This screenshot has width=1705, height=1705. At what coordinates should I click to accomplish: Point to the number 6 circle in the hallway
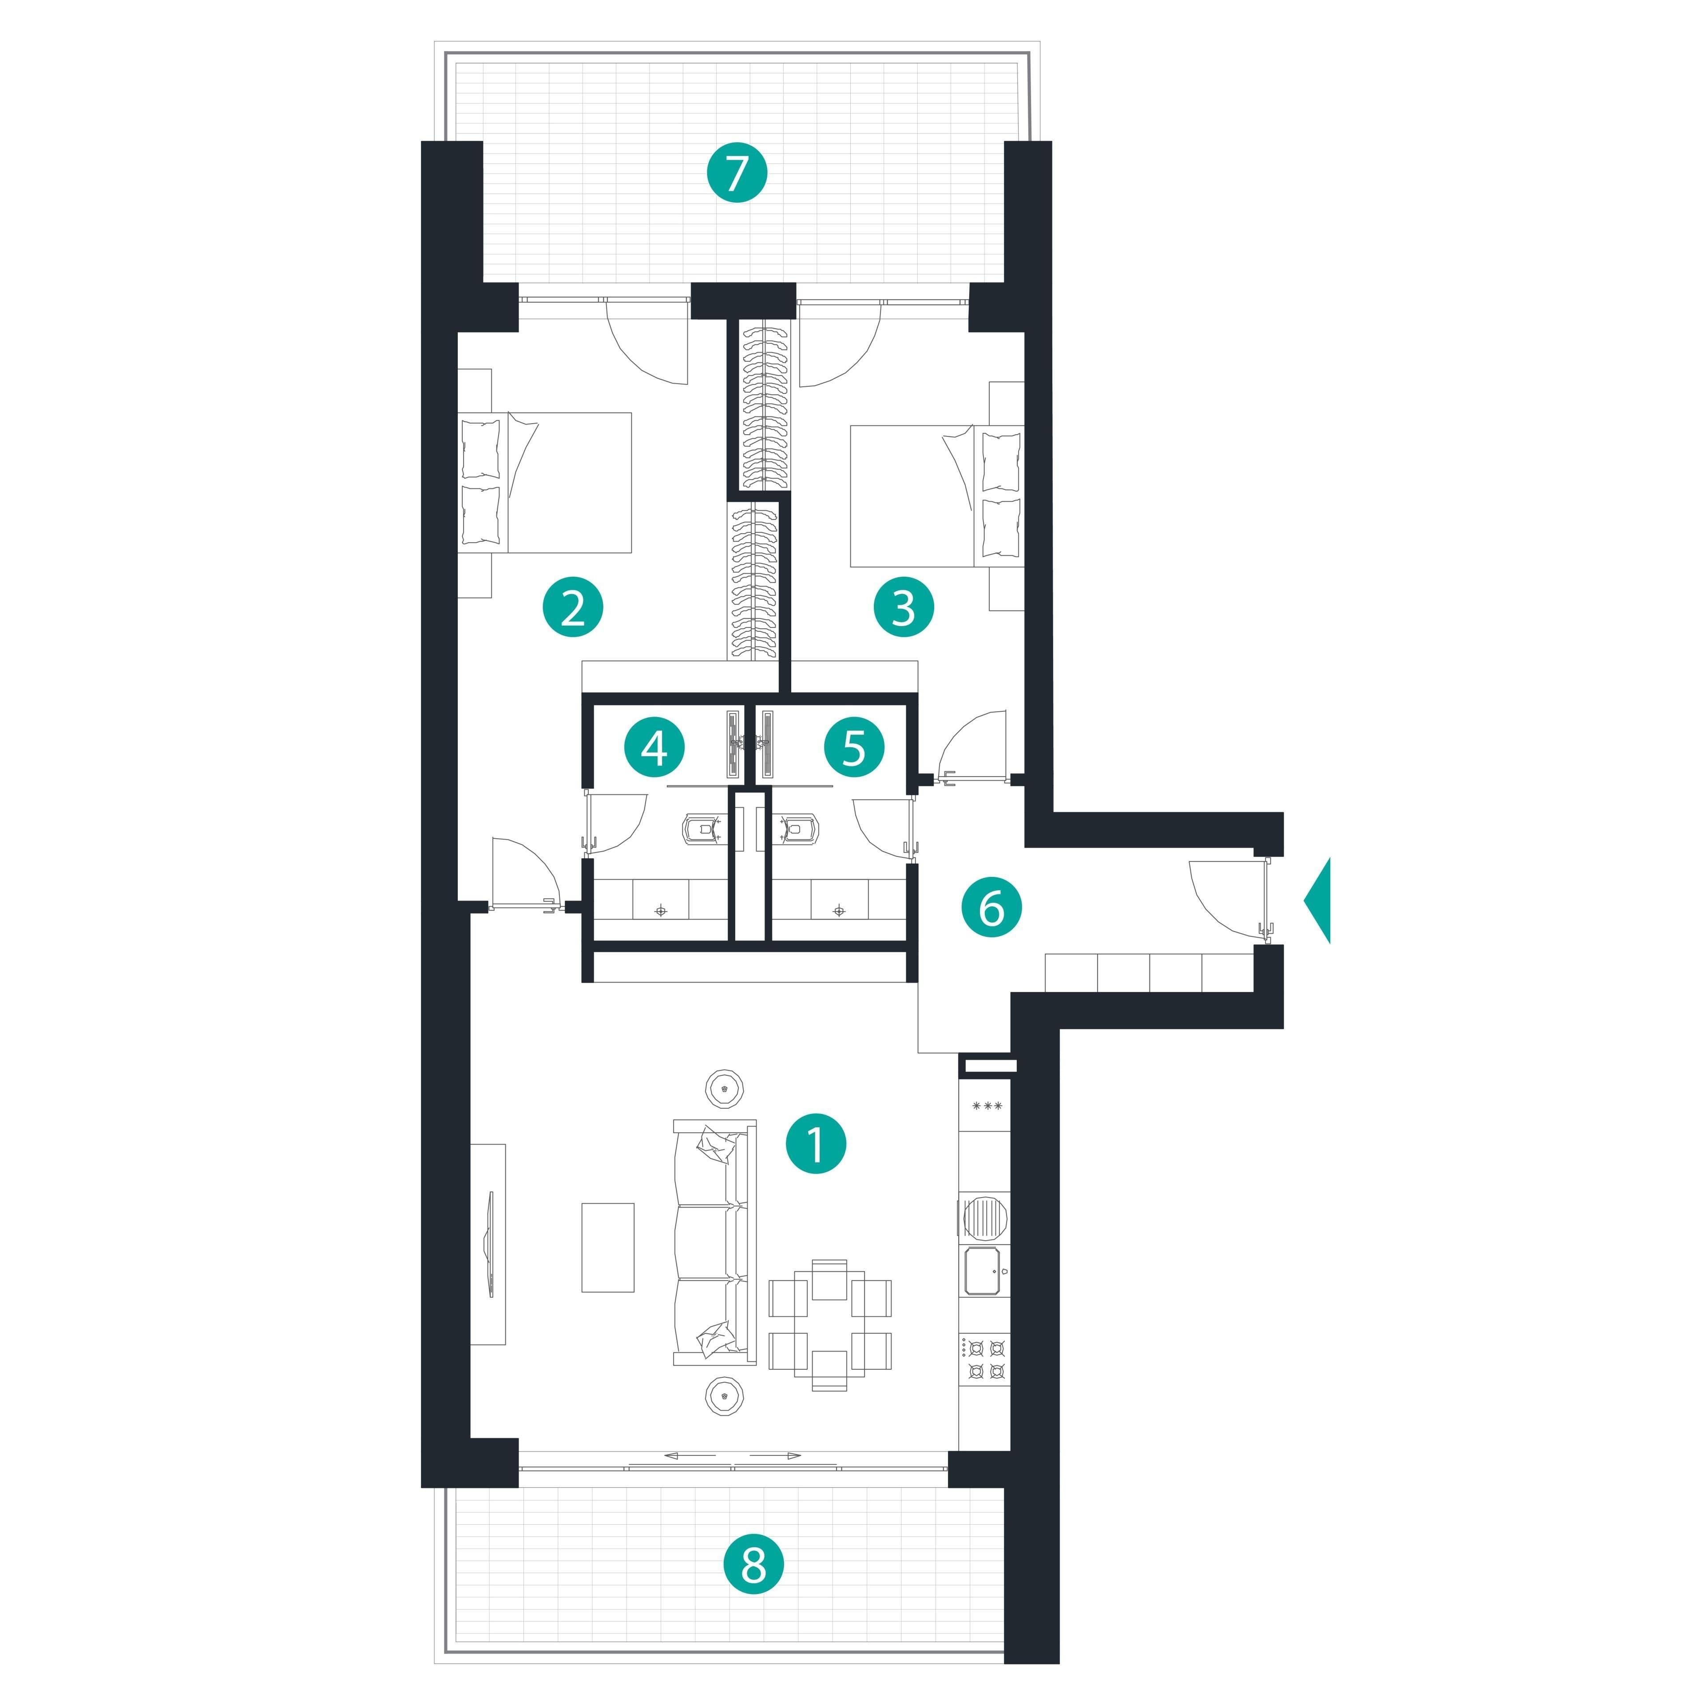(x=991, y=906)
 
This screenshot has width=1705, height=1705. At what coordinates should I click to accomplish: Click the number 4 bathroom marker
(x=654, y=748)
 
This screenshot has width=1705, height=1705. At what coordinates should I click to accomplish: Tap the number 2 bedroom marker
(x=573, y=607)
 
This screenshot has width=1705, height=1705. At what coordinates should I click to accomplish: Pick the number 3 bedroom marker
(x=904, y=607)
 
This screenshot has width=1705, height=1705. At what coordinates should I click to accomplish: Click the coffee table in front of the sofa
(x=607, y=1247)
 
